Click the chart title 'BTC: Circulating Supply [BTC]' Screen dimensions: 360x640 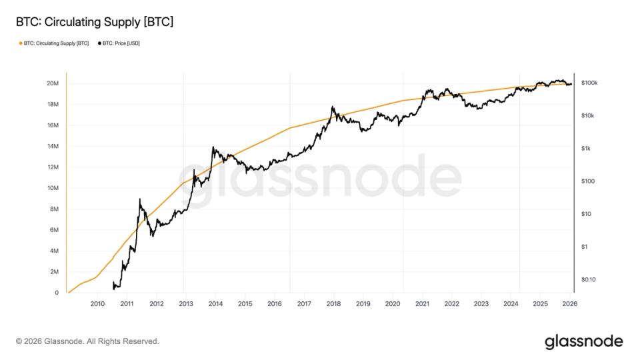[x=95, y=22]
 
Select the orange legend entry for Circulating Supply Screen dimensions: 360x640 [x=54, y=43]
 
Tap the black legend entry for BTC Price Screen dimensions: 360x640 [x=119, y=43]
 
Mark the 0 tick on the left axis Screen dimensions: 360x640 [x=57, y=293]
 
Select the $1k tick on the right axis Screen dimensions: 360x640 [x=587, y=149]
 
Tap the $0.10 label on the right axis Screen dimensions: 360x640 [x=589, y=279]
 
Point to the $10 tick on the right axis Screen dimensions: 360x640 [x=587, y=214]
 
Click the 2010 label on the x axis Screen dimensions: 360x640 [x=97, y=304]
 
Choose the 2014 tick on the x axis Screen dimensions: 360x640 [x=215, y=304]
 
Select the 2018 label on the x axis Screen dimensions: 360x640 [x=333, y=304]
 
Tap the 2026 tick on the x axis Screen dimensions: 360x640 [x=569, y=304]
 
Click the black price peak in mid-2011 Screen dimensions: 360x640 [x=139, y=199]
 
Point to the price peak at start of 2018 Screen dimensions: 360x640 [x=332, y=107]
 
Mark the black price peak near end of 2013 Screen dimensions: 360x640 [x=213, y=147]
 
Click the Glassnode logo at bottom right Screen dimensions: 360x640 [x=583, y=341]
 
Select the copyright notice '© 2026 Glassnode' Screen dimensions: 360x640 [x=87, y=341]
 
